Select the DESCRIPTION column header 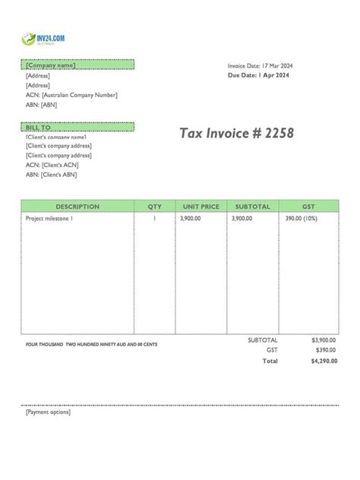coord(77,207)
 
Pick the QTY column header coord(154,207)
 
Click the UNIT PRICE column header coord(201,207)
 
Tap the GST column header coord(308,207)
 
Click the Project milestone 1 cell coord(49,218)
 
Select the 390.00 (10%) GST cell coord(301,218)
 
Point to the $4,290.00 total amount coord(324,361)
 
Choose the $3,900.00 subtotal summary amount coord(324,340)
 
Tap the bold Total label coord(270,361)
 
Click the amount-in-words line coord(91,345)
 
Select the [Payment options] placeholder coord(48,412)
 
